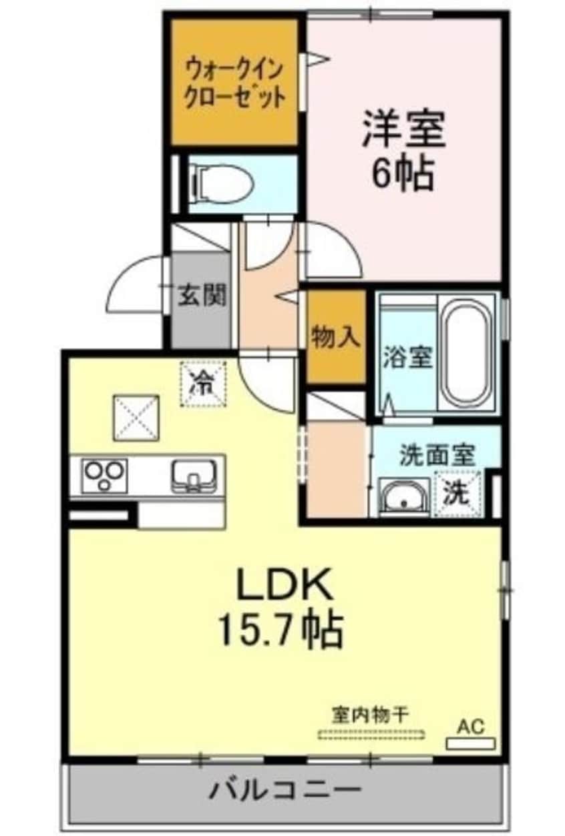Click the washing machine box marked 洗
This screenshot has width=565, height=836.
[457, 493]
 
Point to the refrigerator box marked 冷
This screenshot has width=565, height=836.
[203, 384]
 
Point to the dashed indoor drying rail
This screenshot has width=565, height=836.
[371, 735]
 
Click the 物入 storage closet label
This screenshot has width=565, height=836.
[336, 338]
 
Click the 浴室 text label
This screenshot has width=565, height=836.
[406, 358]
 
